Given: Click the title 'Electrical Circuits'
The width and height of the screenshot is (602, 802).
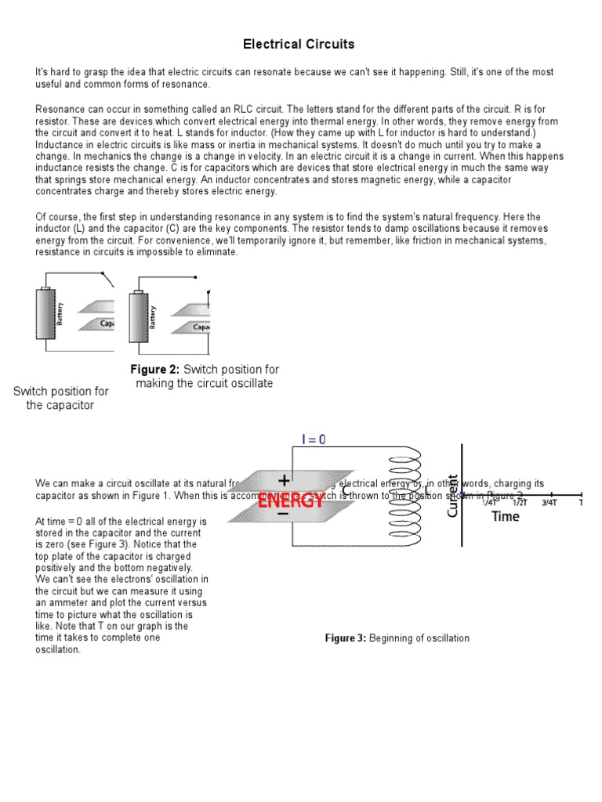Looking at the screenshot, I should pos(298,44).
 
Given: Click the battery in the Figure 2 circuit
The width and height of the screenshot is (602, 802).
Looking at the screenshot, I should pos(140,317).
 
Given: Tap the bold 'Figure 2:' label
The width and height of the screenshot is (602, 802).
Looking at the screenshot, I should pos(154,370).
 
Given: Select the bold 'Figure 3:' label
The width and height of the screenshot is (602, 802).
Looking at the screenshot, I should pos(345,638).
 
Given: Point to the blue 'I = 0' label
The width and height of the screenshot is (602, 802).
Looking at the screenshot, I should pos(314,439).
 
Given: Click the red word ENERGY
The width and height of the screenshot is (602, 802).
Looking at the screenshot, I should pos(291,501).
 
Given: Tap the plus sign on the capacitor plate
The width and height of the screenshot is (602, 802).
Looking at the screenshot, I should pos(282,480).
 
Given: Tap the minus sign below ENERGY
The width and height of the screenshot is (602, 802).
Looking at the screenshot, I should pos(282,515).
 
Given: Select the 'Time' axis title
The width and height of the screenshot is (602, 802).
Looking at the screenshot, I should pos(505,517).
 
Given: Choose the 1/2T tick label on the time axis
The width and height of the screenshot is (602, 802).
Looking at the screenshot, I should pos(519,503).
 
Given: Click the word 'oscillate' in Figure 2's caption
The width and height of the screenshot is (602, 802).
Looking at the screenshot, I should pos(245,384).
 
